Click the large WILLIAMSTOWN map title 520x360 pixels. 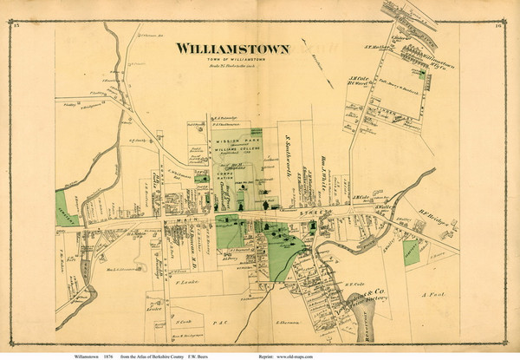coord(231,49)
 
